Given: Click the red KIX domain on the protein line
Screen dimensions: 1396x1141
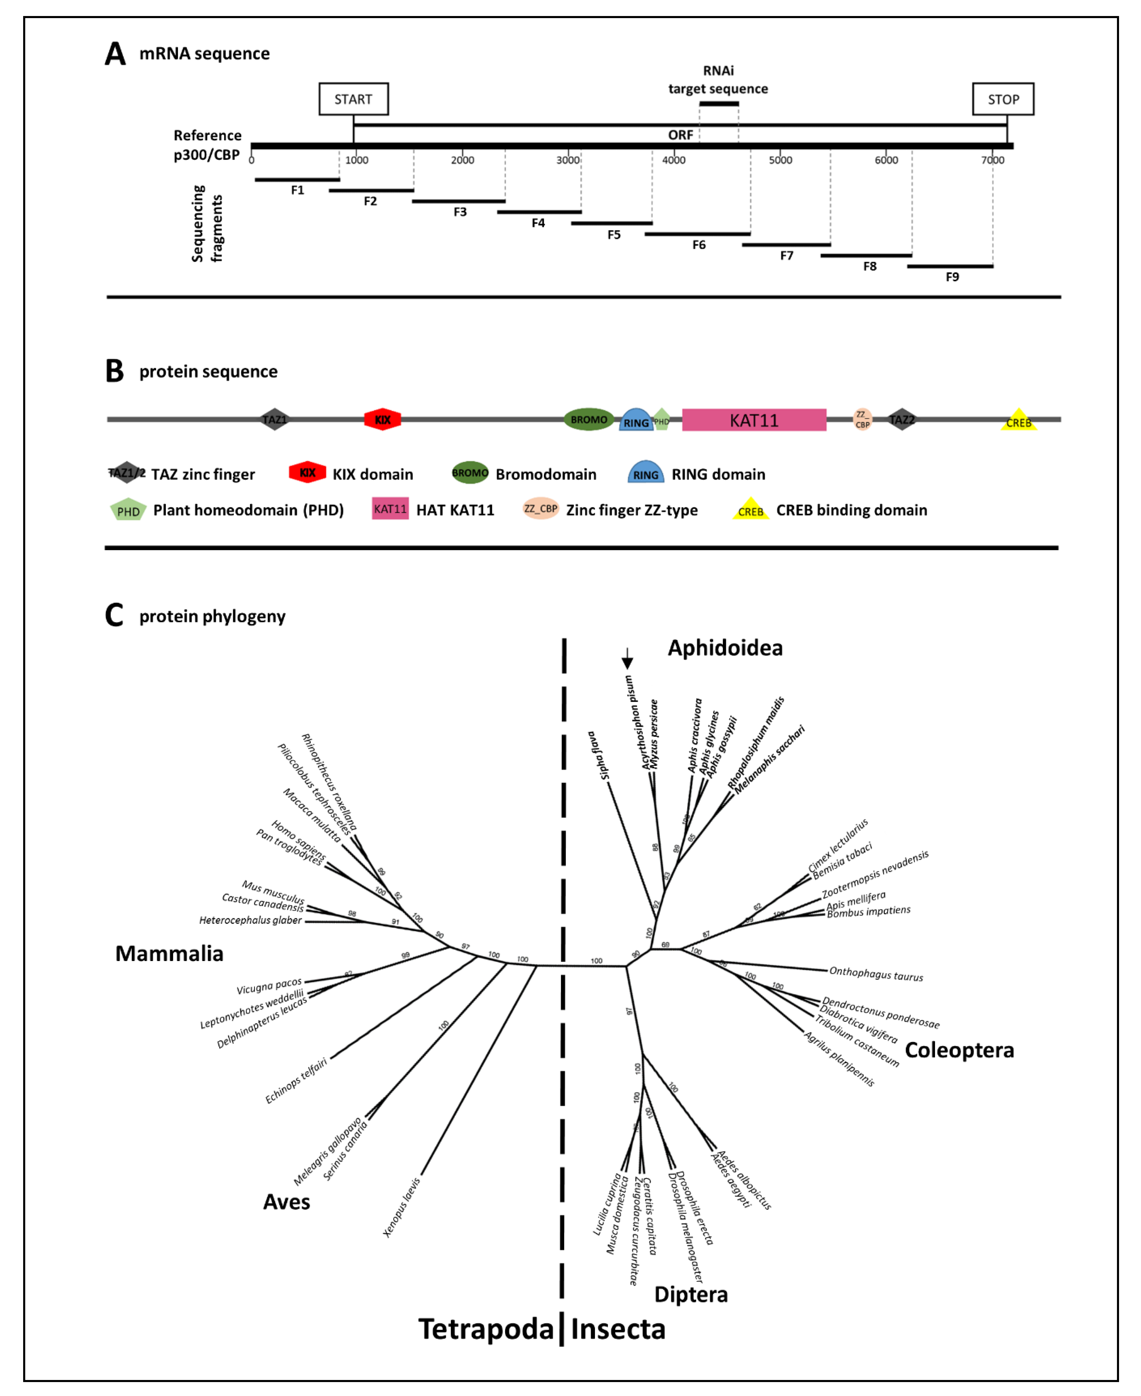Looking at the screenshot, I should coord(383,419).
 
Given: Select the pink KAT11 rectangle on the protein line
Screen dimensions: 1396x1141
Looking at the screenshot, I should coord(754,420).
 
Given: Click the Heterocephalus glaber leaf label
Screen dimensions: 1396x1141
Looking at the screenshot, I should coord(250,920).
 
